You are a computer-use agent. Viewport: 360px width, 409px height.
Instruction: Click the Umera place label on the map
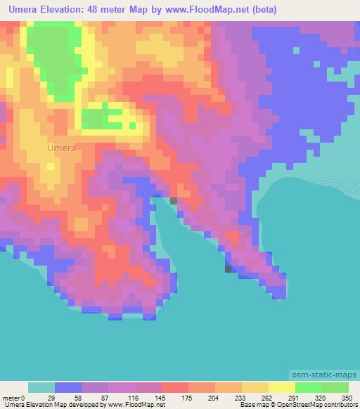click(61, 148)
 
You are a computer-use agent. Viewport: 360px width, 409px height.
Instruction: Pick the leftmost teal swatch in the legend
click(41, 387)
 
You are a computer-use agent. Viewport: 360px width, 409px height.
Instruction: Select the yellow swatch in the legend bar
click(282, 387)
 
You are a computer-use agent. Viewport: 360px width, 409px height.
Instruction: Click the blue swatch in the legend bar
click(68, 387)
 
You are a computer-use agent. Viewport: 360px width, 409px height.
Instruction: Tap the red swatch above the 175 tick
click(175, 387)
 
